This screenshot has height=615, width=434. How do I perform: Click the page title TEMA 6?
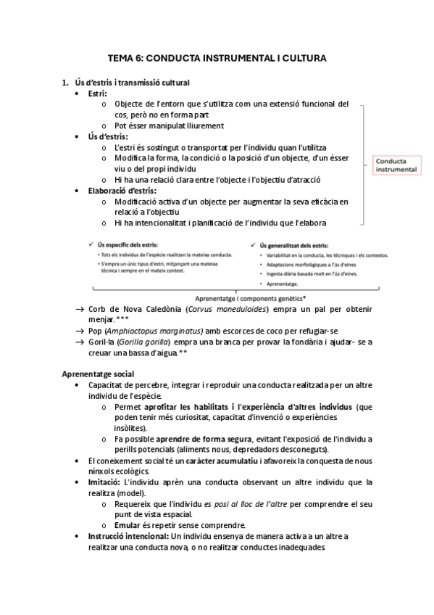[x=217, y=57]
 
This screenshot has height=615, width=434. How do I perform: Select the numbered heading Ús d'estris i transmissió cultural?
[x=133, y=83]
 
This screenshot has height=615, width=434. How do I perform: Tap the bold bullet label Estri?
[x=97, y=94]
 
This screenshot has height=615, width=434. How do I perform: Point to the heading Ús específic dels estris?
[x=128, y=246]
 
